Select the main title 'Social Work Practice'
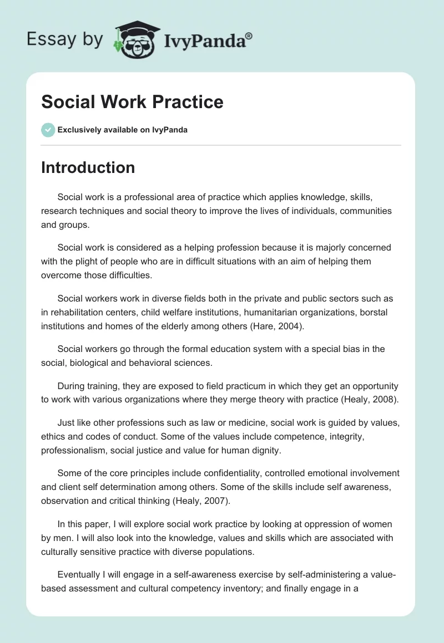pos(132,102)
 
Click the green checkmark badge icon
pos(47,130)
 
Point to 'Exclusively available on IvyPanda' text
pos(122,130)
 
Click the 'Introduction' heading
pos(88,167)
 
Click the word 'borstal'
pos(373,312)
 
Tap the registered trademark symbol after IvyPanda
pos(249,35)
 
